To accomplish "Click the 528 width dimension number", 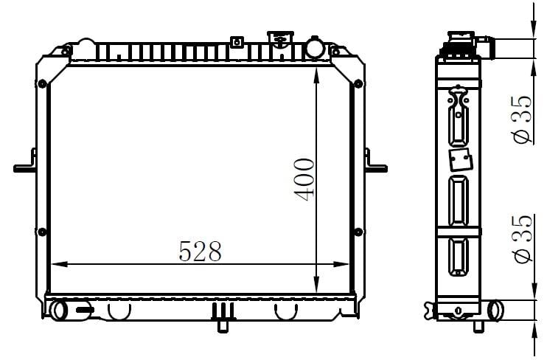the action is click(x=201, y=252).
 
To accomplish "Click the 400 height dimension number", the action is click(x=304, y=180).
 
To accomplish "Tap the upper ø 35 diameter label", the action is click(x=522, y=119).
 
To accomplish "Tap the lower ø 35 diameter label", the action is click(x=522, y=239).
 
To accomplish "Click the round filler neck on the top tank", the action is click(x=315, y=48).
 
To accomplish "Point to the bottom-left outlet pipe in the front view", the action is click(x=59, y=311).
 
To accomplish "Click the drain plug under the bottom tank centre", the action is click(x=223, y=325).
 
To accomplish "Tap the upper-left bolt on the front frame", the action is click(x=42, y=84).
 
